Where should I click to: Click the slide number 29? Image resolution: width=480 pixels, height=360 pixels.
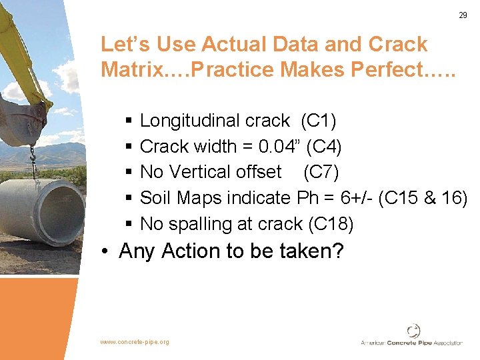pyautogui.click(x=463, y=15)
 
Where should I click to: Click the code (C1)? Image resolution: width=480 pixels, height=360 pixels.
pyautogui.click(x=318, y=121)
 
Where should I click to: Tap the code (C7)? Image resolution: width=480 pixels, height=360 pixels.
pyautogui.click(x=321, y=172)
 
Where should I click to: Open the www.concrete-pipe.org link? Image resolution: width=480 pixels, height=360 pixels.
pyautogui.click(x=135, y=342)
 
